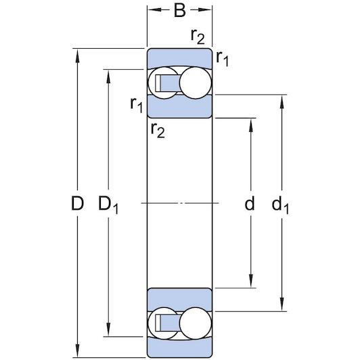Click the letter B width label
coord(179,11)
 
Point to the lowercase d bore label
coord(250,204)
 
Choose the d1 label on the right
coord(279,204)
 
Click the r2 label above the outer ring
coord(197,37)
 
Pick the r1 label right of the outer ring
coord(223,60)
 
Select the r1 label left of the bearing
coord(136,104)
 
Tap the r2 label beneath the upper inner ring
coord(157,129)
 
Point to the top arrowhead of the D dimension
coord(79,54)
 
